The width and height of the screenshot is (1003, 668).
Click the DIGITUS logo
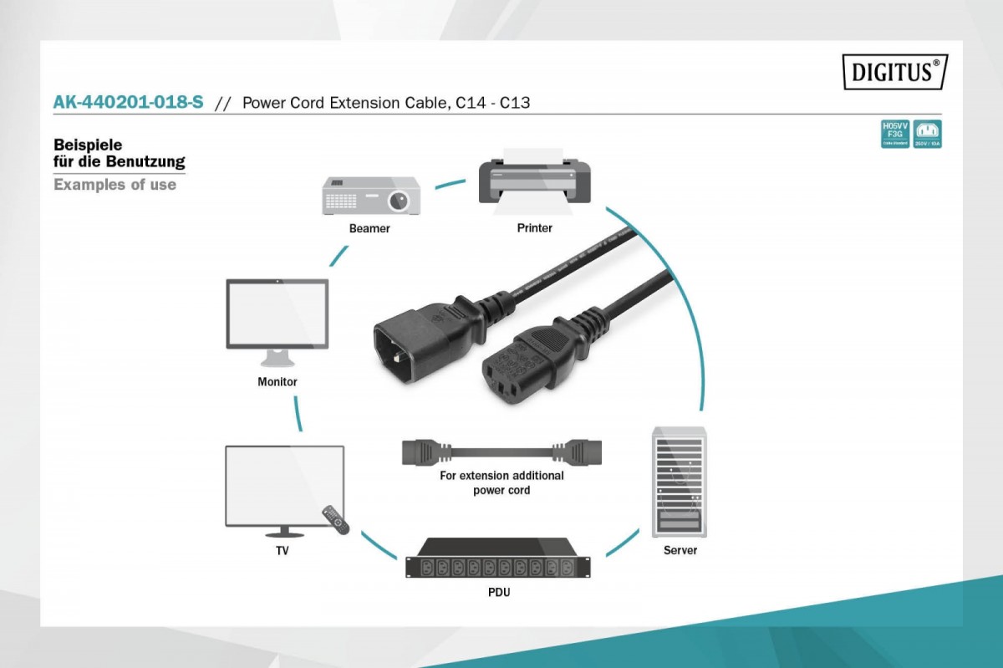tap(894, 72)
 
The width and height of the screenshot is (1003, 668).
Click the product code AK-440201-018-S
tap(128, 103)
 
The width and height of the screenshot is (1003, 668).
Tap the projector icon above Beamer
tap(371, 196)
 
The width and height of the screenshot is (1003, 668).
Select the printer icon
tap(534, 181)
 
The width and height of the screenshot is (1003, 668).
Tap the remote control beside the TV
tap(335, 519)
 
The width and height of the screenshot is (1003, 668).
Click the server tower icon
tap(679, 482)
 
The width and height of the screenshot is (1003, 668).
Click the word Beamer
tap(369, 228)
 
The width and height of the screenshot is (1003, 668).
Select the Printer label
tap(534, 227)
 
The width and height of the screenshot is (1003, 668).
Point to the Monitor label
tap(277, 382)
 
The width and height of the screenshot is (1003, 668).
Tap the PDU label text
tap(500, 593)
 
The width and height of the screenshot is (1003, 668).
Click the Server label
tap(680, 550)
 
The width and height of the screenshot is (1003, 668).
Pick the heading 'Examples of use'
tap(115, 185)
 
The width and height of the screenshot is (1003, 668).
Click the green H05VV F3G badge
tap(894, 134)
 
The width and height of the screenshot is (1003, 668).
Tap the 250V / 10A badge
tap(927, 134)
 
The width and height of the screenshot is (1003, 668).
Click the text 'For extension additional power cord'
tap(501, 482)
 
